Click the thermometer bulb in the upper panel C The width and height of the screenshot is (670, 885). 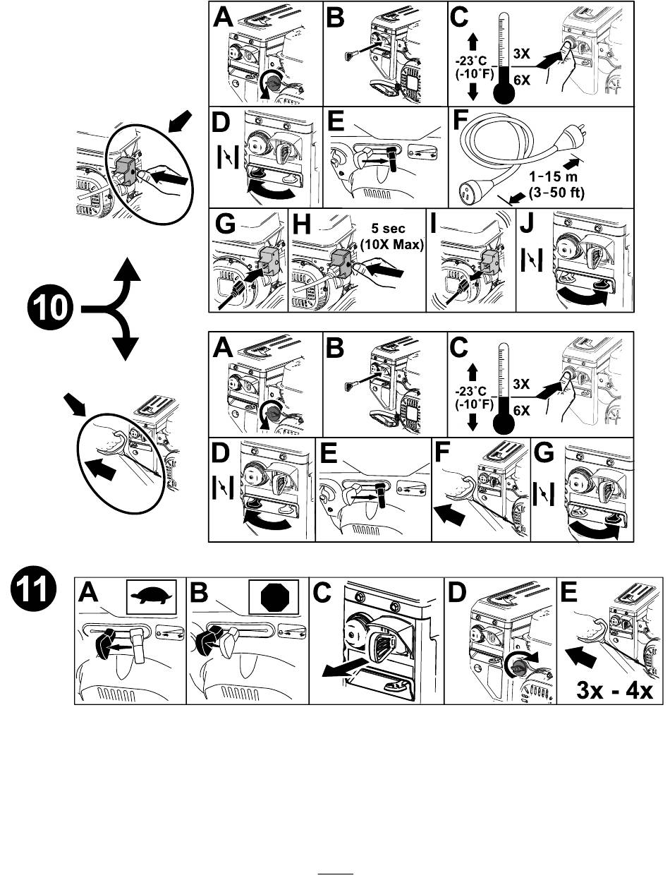(x=501, y=94)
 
